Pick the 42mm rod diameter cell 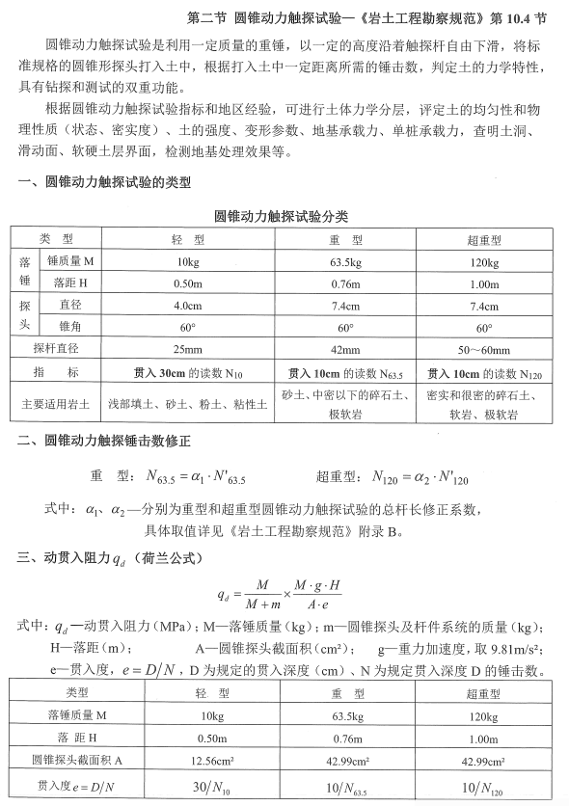pyautogui.click(x=345, y=349)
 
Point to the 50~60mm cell pyautogui.click(x=484, y=349)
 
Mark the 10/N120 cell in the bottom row pyautogui.click(x=484, y=787)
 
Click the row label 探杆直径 pyautogui.click(x=56, y=349)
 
